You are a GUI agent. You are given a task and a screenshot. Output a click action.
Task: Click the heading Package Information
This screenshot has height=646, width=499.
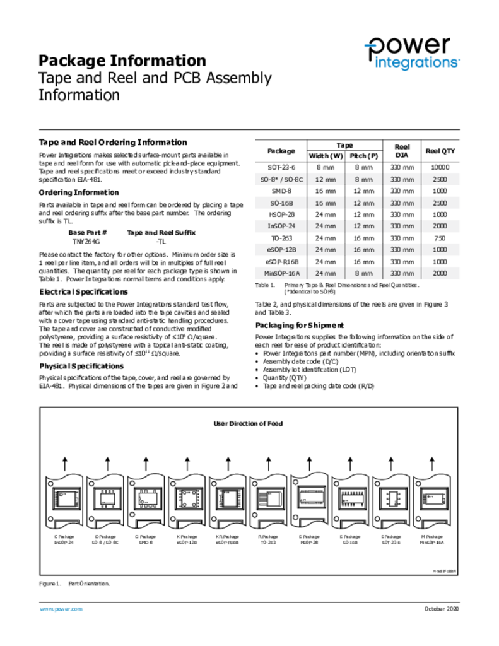pos(122,61)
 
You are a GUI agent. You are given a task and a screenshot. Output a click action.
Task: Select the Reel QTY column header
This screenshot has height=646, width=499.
pos(440,151)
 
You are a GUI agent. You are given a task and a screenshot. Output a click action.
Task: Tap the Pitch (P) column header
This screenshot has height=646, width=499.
pos(364,156)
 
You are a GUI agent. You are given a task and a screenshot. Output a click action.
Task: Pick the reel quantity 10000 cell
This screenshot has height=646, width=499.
pos(440,168)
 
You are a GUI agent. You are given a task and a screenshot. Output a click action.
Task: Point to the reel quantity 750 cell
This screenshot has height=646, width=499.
pos(440,238)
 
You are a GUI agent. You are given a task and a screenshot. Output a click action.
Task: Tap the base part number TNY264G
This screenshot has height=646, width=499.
pos(86,242)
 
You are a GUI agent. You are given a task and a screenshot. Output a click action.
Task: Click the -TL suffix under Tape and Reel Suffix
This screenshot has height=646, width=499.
pos(161,242)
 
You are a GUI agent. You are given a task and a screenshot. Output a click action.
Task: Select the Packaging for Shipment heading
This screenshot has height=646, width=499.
pos(299,326)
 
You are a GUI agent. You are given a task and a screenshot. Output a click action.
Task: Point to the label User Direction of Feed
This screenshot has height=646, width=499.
pos(248,424)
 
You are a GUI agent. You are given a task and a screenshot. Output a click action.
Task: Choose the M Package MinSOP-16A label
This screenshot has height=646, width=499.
pos(431,539)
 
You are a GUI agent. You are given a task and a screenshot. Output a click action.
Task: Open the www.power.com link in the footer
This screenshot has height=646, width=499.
pos(61,609)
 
